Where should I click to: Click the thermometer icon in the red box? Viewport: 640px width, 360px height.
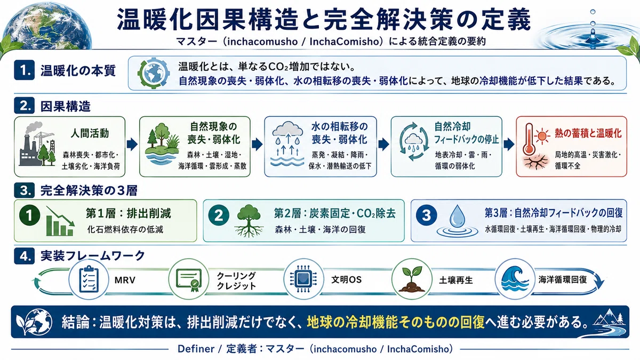click(x=529, y=139)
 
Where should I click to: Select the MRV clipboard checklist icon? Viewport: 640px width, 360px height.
click(x=89, y=279)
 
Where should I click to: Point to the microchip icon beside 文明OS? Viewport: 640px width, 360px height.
click(x=303, y=279)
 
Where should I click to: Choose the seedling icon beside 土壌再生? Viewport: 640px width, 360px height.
click(x=411, y=279)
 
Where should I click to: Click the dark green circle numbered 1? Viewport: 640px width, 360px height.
click(x=30, y=215)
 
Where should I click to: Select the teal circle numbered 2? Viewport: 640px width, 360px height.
click(x=219, y=215)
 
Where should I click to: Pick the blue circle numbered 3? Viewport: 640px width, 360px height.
click(x=426, y=215)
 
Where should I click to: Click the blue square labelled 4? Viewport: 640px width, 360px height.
click(x=25, y=255)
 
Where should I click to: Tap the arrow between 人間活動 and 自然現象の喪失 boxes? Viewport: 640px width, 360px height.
click(x=132, y=145)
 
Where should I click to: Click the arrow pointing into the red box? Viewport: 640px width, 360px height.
click(x=509, y=145)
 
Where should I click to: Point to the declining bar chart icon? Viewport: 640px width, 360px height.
click(x=60, y=221)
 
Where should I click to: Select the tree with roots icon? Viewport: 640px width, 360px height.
click(x=249, y=221)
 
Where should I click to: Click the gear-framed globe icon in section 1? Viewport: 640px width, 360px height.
click(x=154, y=73)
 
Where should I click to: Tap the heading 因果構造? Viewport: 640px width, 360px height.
click(x=66, y=107)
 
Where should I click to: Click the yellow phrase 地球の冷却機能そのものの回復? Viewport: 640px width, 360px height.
click(x=396, y=322)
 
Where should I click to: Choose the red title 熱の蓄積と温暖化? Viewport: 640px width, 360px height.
click(x=588, y=133)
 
